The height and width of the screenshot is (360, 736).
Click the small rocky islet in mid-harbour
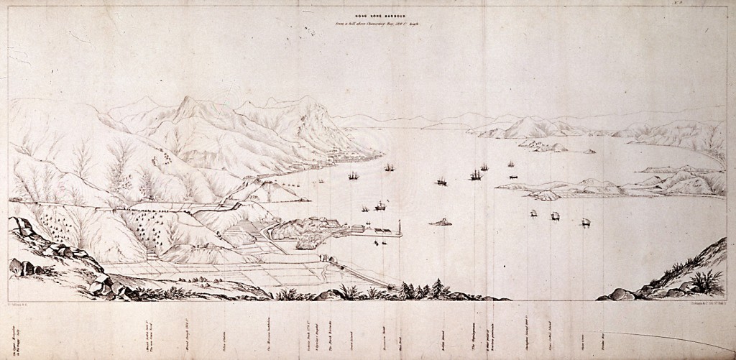click(440, 222)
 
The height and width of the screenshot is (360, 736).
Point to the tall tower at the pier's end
click(399, 229)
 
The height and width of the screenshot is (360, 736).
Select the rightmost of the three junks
click(586, 223)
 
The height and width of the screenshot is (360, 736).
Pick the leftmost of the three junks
click(533, 213)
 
